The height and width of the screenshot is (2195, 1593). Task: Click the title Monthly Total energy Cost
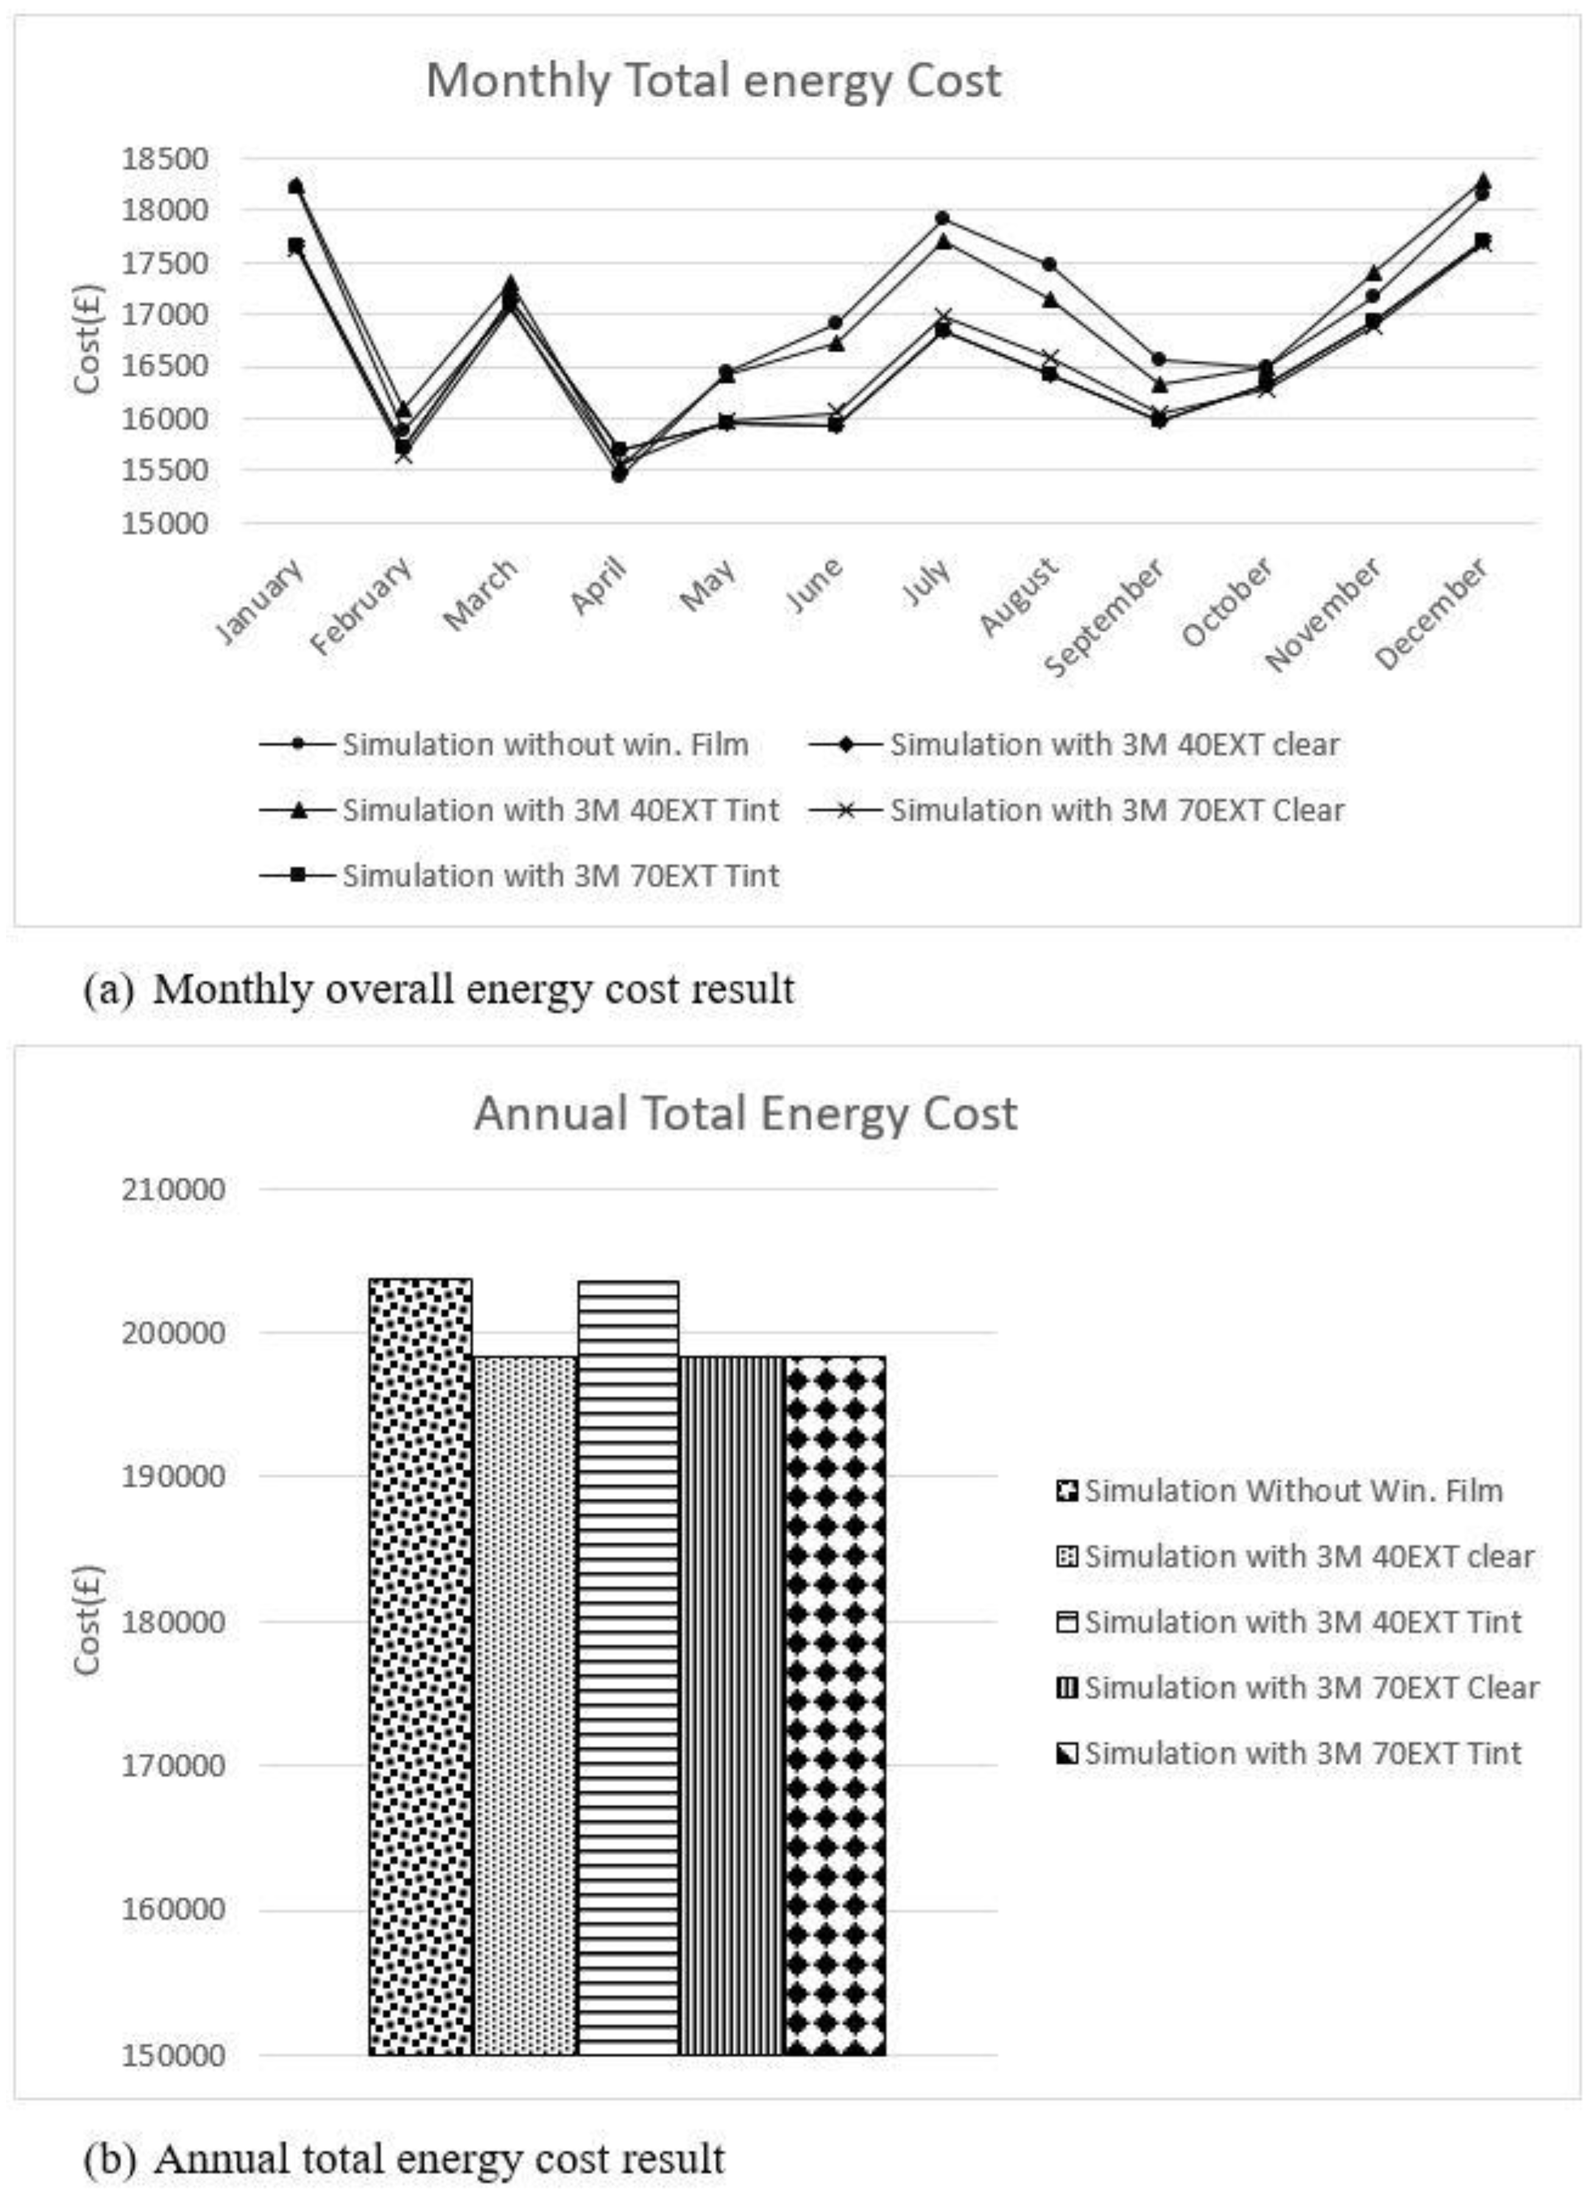coord(713,80)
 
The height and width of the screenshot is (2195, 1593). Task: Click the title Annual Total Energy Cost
coord(744,1113)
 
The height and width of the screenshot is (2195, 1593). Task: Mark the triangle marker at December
coord(1482,181)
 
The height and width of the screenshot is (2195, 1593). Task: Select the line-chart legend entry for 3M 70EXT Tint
coord(559,875)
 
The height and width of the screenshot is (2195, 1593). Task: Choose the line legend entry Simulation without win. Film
coord(544,744)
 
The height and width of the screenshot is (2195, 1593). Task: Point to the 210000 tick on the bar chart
coord(173,1189)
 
